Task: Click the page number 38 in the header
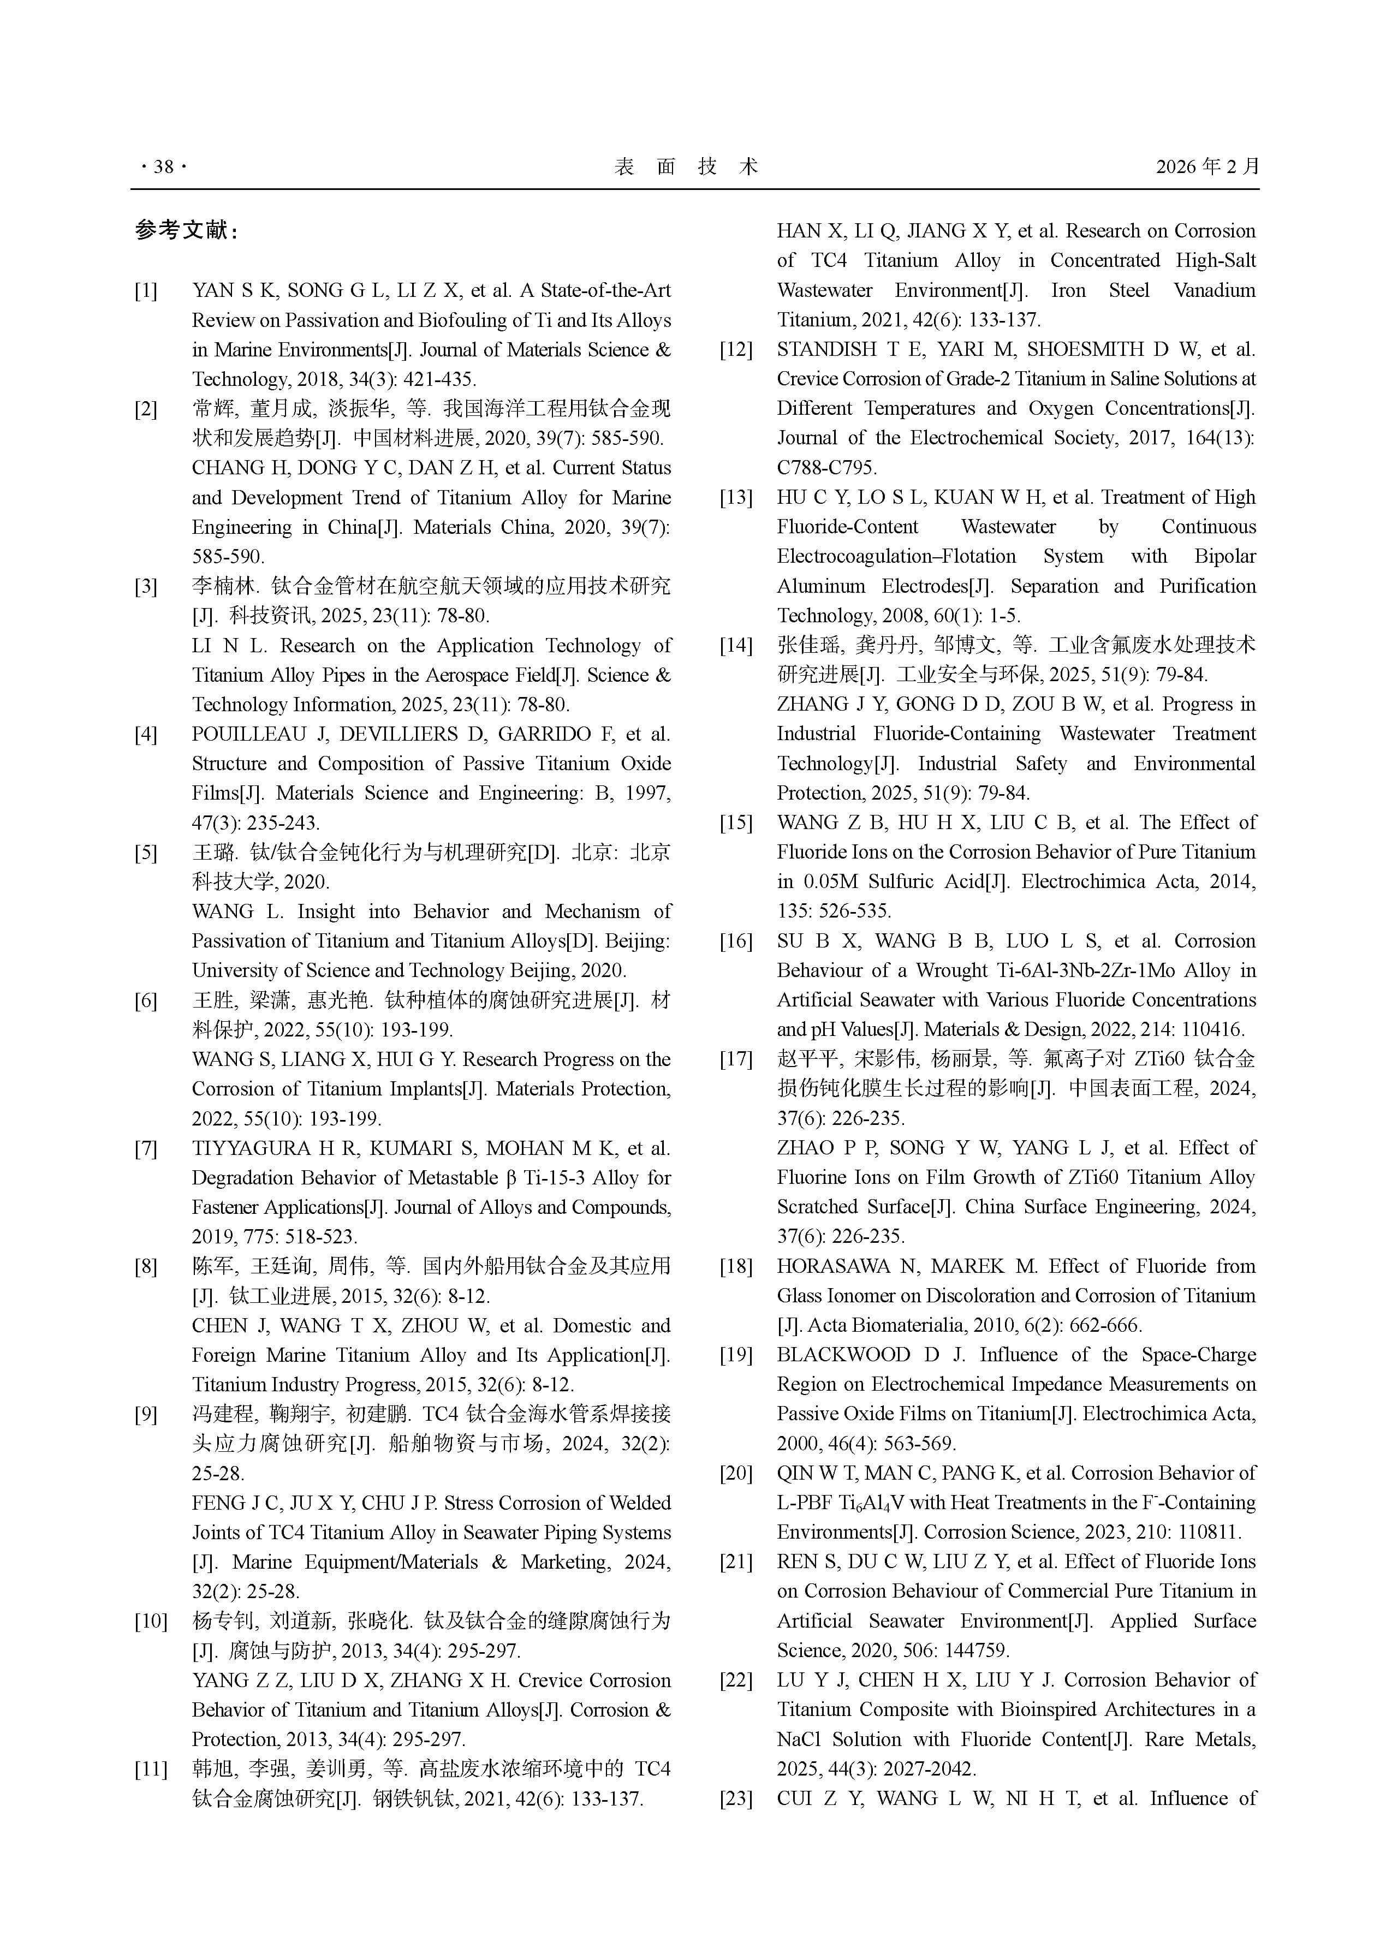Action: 163,166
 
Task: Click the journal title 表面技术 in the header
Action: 686,166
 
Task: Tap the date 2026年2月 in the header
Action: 1207,166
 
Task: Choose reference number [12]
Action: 735,350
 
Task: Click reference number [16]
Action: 735,941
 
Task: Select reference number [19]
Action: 735,1355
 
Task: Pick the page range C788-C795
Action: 826,468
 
